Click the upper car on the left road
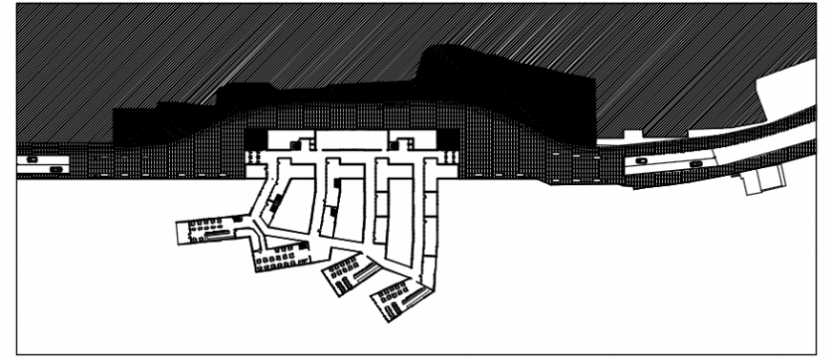point(32,159)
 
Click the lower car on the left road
point(56,169)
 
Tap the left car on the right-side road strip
point(640,161)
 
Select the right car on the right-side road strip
point(694,163)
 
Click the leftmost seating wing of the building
point(205,229)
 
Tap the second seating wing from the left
point(281,256)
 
